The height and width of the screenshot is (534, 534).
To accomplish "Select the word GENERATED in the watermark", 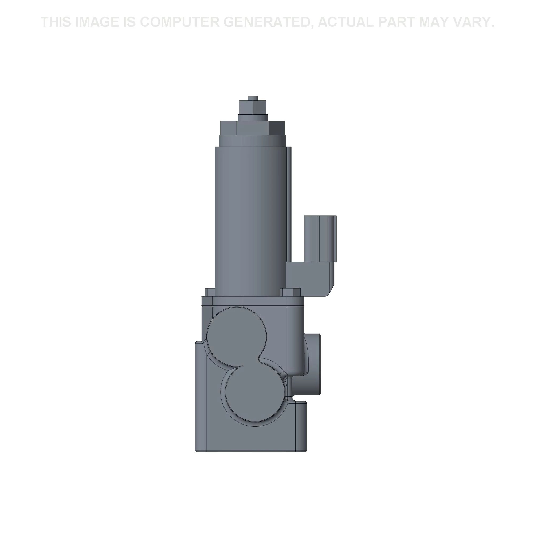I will [x=268, y=22].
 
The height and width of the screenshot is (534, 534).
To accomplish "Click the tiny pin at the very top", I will [x=253, y=98].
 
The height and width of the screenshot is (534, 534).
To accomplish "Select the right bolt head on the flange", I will [x=290, y=292].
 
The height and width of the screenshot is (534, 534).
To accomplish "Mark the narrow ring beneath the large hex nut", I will [x=253, y=140].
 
